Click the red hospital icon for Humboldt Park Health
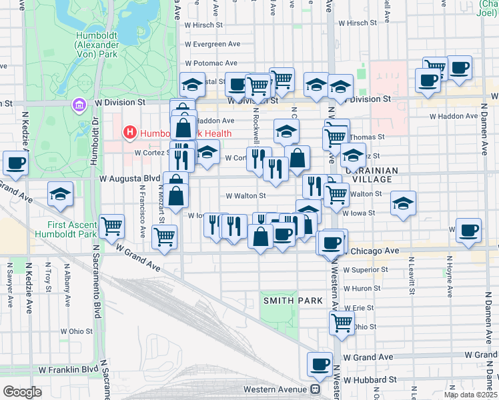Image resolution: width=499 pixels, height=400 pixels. pos(130,133)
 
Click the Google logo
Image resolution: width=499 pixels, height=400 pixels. pos(22,392)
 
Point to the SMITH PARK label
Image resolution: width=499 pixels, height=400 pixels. pos(293,301)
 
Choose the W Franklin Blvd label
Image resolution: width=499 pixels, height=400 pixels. pos(68,369)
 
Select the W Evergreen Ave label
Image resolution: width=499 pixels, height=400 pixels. pos(213,44)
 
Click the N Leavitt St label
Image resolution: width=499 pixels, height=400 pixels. pos(410,274)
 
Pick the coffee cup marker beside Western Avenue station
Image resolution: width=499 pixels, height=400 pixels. pos(320,365)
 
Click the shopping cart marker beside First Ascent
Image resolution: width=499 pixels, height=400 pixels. pos(111,226)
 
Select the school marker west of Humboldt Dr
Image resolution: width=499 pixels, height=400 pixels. pos(61,194)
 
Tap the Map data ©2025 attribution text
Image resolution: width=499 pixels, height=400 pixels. pos(470,395)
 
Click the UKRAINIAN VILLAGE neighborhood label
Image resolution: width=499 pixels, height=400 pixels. pos(370,175)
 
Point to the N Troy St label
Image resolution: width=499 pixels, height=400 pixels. pos(48,280)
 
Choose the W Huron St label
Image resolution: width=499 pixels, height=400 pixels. pos(362,289)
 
